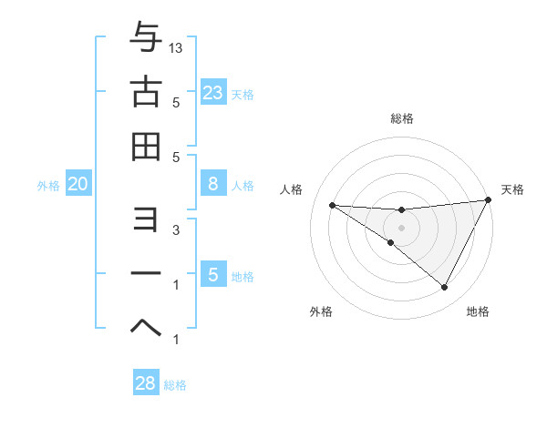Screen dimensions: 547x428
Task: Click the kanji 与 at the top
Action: pos(146,38)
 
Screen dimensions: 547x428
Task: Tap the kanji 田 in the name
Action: pos(146,146)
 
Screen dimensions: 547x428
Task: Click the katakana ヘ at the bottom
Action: pos(146,325)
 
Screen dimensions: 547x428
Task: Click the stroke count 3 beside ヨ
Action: pos(175,230)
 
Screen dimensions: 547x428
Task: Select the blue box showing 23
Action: pos(212,92)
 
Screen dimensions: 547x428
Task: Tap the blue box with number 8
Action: pos(212,184)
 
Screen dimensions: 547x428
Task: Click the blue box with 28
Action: pos(146,383)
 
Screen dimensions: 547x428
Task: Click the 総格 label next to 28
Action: pos(175,385)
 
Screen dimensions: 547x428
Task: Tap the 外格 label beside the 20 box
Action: pos(48,186)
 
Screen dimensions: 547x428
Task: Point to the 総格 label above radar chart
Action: pos(401,118)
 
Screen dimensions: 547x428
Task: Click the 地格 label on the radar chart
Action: pos(478,311)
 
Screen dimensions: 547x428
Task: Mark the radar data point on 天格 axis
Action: pos(488,200)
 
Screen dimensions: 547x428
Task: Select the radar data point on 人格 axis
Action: pos(333,205)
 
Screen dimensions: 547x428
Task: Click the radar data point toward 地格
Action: pos(444,287)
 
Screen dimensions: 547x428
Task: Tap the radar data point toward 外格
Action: pos(391,242)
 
